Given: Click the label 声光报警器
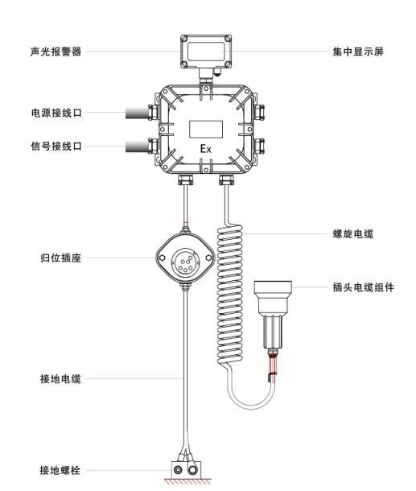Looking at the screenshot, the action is (x=56, y=52).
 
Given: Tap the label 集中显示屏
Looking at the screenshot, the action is (x=358, y=52).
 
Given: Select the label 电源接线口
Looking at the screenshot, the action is (x=56, y=113).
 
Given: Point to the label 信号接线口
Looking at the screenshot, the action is (x=56, y=146).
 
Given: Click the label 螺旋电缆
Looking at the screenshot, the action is (x=353, y=234).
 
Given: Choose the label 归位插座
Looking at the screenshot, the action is (x=60, y=258).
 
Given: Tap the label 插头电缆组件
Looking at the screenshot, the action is (x=363, y=287).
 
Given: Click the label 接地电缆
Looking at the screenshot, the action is (x=60, y=379).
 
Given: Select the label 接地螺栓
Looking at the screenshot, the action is (x=60, y=470).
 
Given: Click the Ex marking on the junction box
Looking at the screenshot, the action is (x=206, y=149).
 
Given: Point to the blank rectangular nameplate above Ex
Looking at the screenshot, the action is (x=206, y=130).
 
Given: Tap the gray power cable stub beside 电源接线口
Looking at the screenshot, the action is (x=137, y=113).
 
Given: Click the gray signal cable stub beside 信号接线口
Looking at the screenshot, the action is (x=137, y=146).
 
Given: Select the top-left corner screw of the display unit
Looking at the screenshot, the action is (x=185, y=39).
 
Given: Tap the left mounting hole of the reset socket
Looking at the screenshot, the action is (x=163, y=258).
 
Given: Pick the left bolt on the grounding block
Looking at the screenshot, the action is (x=178, y=470).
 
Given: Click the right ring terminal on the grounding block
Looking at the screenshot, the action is (x=192, y=470).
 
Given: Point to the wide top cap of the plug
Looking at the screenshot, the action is (x=273, y=287).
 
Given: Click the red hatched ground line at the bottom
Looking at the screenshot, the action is (x=187, y=481).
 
